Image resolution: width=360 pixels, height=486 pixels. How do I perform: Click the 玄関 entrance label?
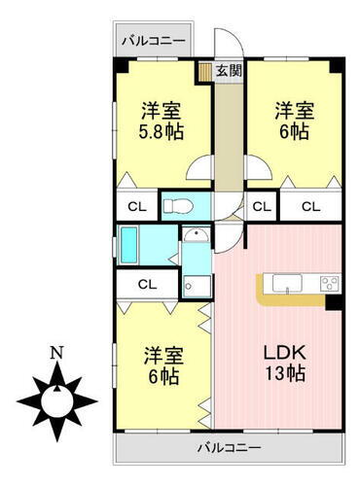pyautogui.click(x=231, y=70)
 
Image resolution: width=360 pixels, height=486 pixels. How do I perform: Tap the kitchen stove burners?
pyautogui.click(x=328, y=284)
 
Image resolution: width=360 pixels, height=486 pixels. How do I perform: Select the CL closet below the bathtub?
pyautogui.click(x=147, y=285)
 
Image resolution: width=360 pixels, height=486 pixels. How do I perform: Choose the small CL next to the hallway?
pyautogui.click(x=261, y=206)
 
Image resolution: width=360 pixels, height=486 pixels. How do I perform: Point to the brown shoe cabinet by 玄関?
pyautogui.click(x=205, y=71)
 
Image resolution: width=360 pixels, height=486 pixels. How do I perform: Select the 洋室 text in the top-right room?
pyautogui.click(x=292, y=111)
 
